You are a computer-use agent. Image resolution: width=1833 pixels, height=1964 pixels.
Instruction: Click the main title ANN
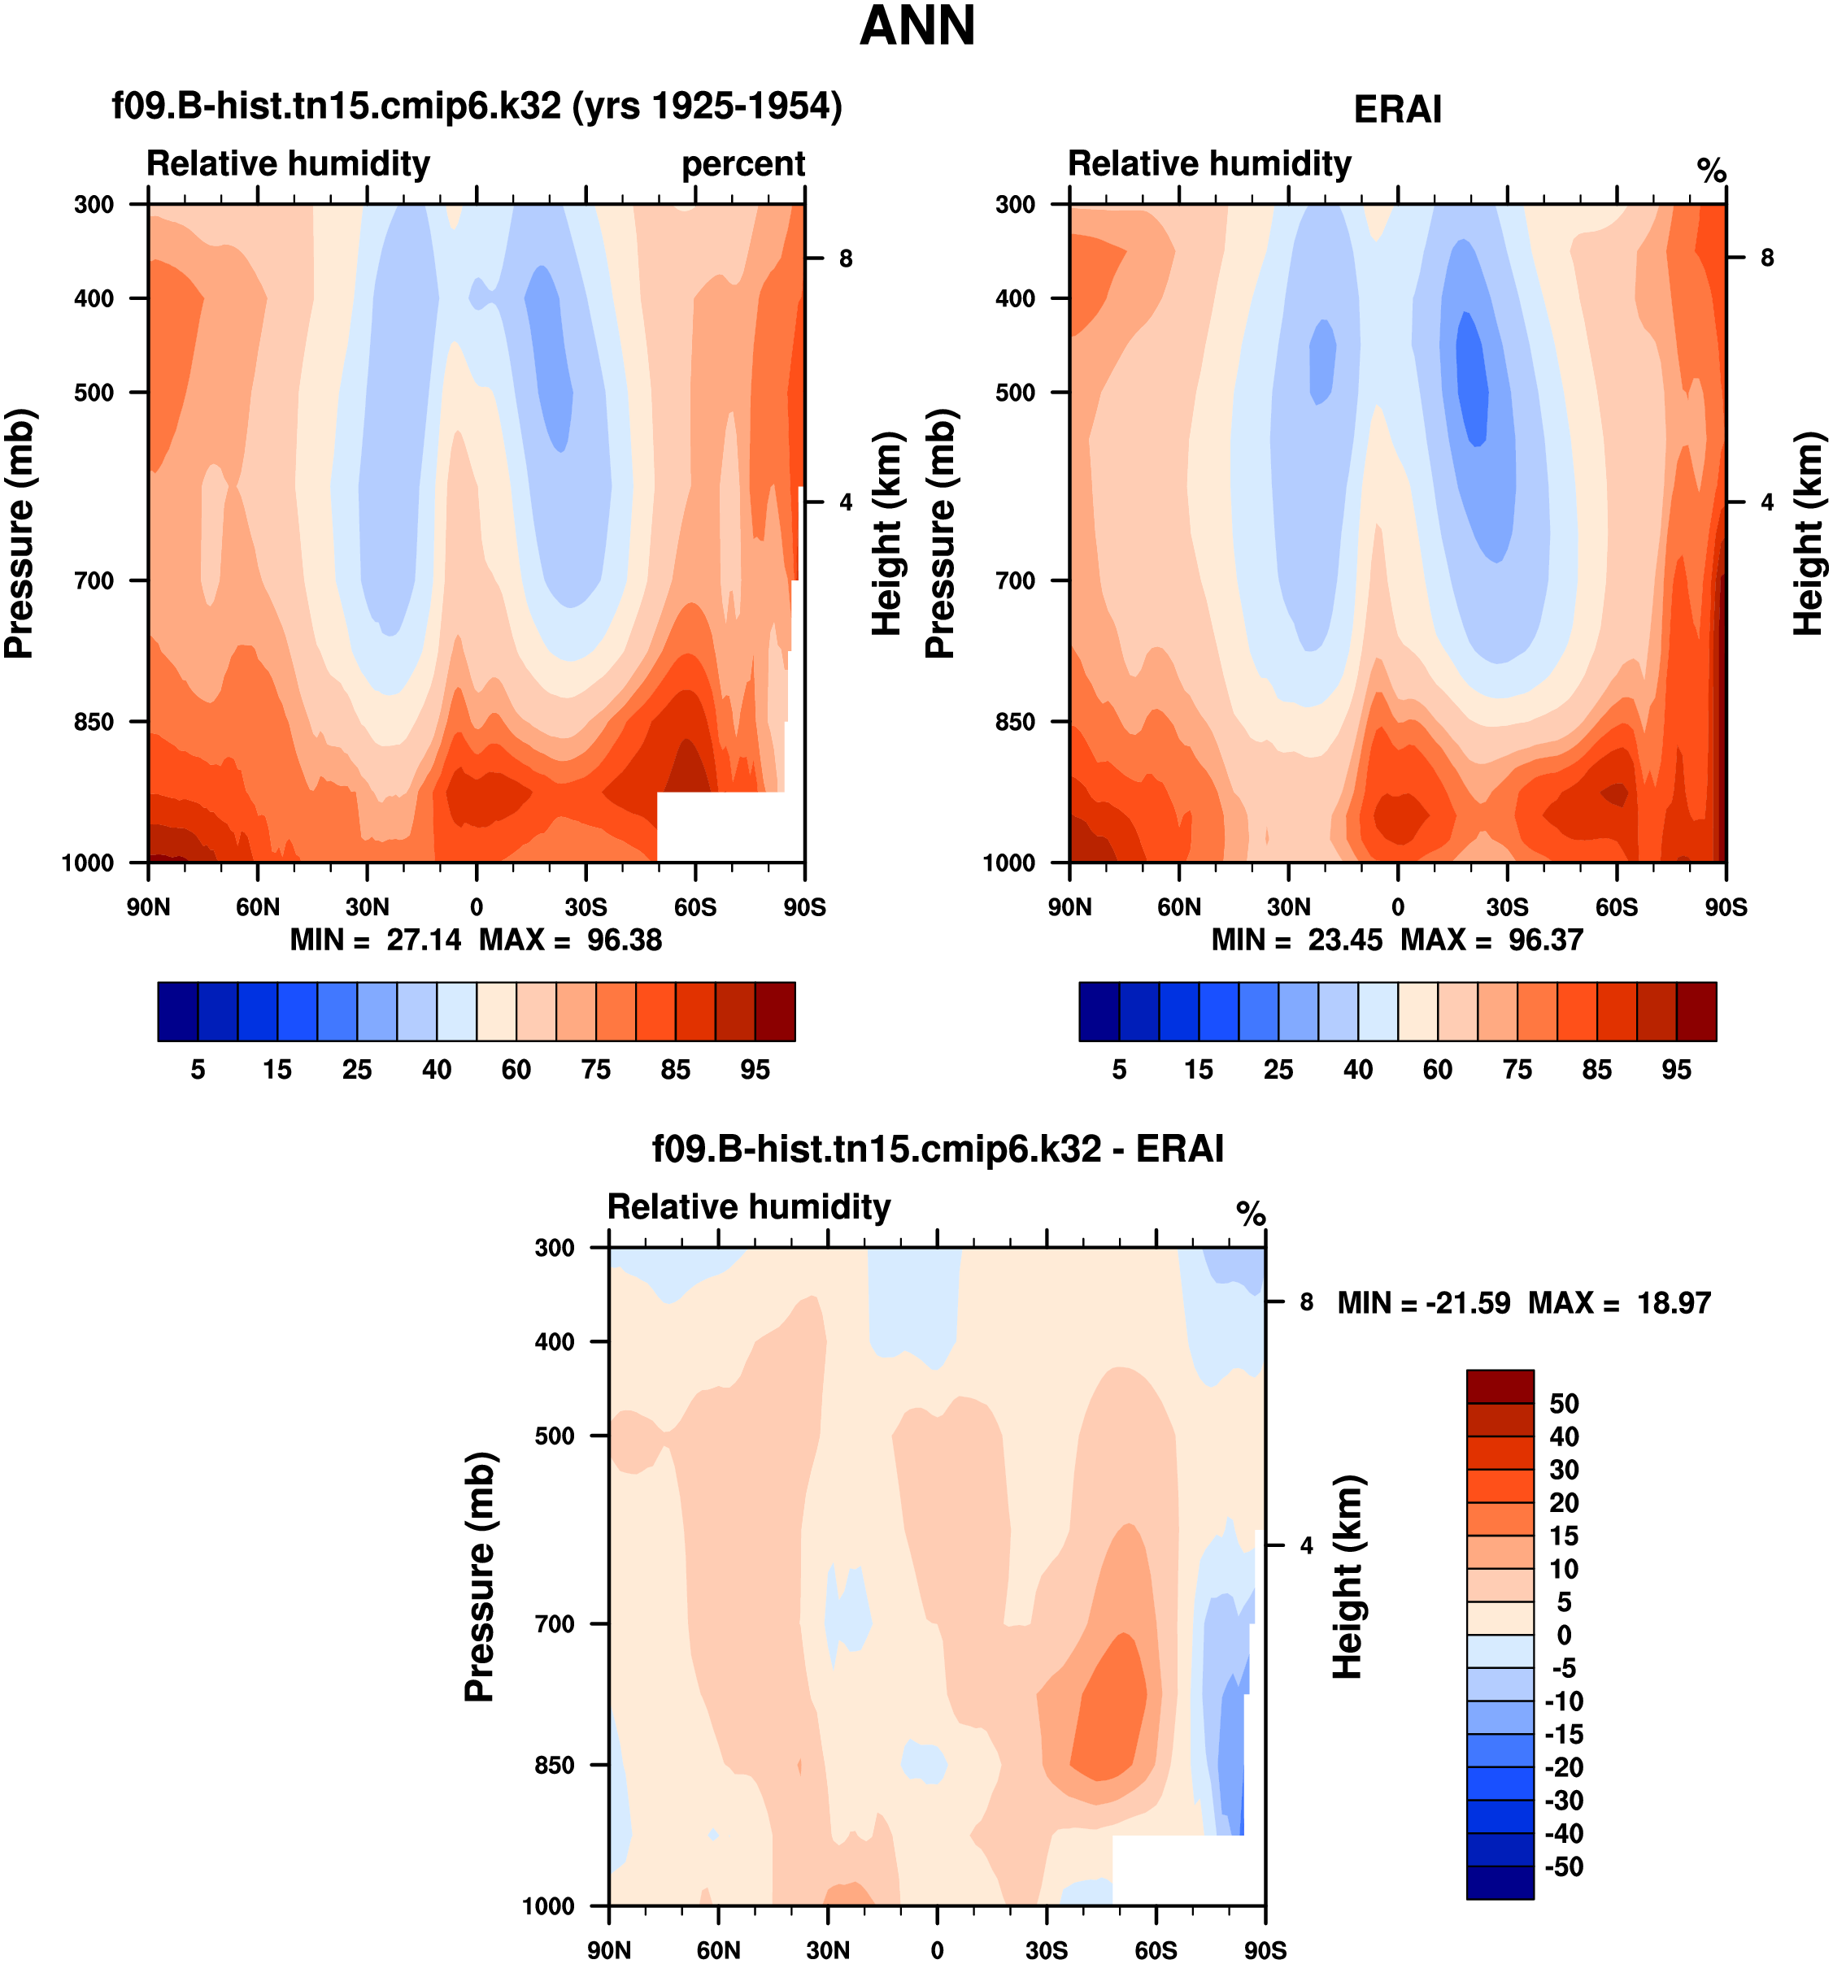917,27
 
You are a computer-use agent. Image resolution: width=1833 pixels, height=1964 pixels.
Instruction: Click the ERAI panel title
1396,110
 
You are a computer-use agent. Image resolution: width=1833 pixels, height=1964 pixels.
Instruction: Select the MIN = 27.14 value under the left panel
376,940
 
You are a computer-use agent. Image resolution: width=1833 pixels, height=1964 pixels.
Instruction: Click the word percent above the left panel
743,164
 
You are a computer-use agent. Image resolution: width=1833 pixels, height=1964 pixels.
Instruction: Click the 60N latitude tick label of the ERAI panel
1179,907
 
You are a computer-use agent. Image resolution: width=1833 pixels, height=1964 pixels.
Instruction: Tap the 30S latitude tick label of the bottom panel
1047,1950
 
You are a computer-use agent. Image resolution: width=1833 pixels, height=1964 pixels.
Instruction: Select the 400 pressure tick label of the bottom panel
555,1341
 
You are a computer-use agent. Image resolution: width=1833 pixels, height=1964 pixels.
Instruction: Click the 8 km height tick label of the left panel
846,259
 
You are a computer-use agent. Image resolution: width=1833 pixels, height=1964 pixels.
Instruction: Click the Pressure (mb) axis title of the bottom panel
481,1577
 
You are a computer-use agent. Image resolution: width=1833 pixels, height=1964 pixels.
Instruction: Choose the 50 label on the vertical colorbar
1564,1403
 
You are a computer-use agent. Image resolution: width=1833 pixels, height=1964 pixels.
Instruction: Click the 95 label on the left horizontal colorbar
755,1070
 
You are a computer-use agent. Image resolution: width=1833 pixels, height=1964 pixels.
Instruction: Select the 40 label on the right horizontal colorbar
1358,1070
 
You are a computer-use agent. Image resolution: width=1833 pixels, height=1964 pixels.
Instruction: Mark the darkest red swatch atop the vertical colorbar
1500,1386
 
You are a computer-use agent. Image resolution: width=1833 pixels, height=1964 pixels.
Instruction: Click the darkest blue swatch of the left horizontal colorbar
178,1011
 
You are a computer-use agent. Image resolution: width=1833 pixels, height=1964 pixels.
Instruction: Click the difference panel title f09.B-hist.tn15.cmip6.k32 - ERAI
938,1149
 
